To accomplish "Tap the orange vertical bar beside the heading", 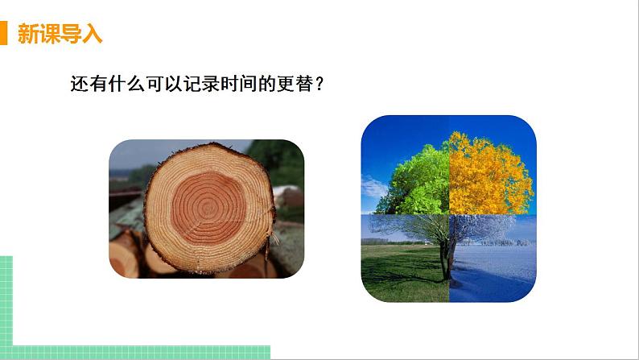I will tap(4, 35).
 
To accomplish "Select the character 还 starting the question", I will tap(79, 84).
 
